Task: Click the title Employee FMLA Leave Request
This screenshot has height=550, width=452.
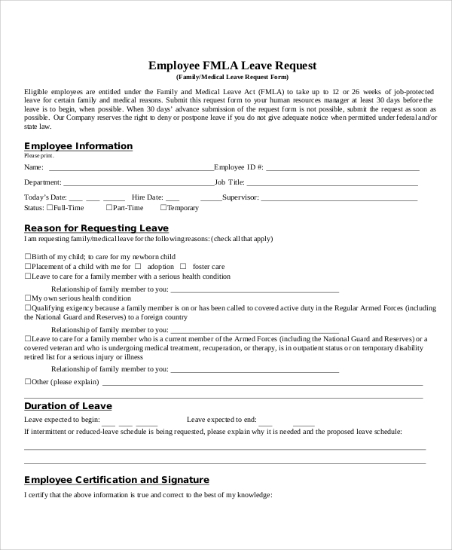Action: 232,66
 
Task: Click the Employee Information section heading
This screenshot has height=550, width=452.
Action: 78,146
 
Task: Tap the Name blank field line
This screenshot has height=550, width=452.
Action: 131,169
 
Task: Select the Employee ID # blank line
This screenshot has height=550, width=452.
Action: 342,169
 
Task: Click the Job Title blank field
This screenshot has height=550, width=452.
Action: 332,183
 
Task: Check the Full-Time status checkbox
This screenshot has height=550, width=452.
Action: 50,207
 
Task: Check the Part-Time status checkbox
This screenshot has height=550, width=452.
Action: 109,207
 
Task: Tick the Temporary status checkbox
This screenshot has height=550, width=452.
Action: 162,207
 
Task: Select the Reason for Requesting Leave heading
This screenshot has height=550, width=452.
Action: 96,228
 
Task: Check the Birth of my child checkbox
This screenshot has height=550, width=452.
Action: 28,257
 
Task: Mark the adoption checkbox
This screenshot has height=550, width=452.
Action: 138,267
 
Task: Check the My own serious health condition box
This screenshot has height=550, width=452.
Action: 28,298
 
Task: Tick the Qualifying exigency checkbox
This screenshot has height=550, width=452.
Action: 28,308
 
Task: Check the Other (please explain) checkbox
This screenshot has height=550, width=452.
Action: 28,382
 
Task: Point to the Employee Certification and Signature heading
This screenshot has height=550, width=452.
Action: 117,480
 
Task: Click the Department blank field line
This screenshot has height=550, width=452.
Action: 139,183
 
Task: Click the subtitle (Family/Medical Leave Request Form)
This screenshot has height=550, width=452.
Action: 232,77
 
